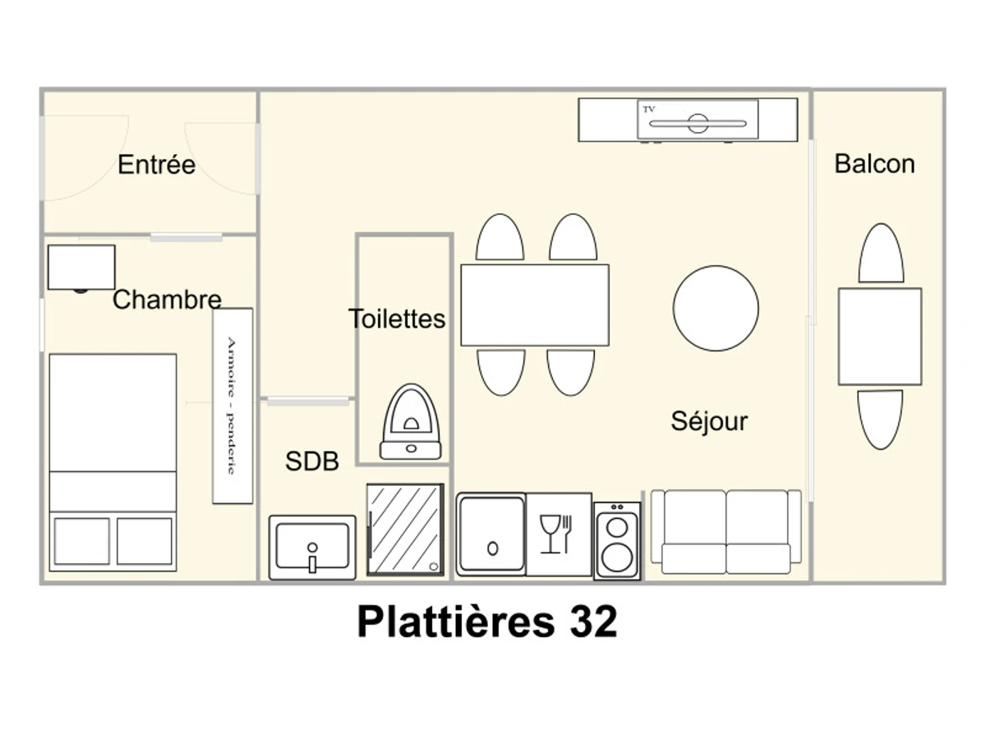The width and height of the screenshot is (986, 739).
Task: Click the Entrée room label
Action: pos(156,164)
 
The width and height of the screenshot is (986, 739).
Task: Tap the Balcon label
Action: pos(874,163)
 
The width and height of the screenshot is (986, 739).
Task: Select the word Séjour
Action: pos(709,421)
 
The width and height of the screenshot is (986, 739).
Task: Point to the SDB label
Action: pos(311,461)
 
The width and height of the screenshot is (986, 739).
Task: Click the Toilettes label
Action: pos(397,319)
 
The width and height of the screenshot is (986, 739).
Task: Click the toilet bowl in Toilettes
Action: pos(411,422)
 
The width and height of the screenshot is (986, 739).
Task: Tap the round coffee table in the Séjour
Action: pos(716,308)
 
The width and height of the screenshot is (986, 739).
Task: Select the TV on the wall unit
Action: pos(698,119)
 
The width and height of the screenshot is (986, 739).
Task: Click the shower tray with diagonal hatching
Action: pos(405,530)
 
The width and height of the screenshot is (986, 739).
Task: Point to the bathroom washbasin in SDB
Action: pos(312,548)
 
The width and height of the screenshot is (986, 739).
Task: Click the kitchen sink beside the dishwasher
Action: pos(491,534)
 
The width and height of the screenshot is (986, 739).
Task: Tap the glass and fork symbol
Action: pos(556,534)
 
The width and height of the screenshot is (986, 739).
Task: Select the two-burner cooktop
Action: pos(617,540)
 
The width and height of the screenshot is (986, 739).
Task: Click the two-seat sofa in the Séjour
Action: pos(726,532)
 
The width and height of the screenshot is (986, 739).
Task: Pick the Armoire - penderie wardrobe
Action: pos(233,406)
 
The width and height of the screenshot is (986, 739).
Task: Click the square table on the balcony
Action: pos(880,337)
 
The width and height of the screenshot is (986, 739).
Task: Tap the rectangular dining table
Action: pos(535,305)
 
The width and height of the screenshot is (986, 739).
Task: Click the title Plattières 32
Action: pos(487,622)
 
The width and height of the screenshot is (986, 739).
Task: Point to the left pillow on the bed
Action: pos(81,541)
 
